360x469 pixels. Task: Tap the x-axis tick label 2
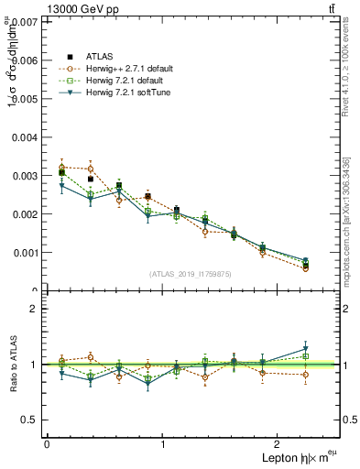280,443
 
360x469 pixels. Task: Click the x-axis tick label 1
163,443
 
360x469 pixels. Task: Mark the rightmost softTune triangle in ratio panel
305,348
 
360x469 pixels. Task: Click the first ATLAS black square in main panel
61,172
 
